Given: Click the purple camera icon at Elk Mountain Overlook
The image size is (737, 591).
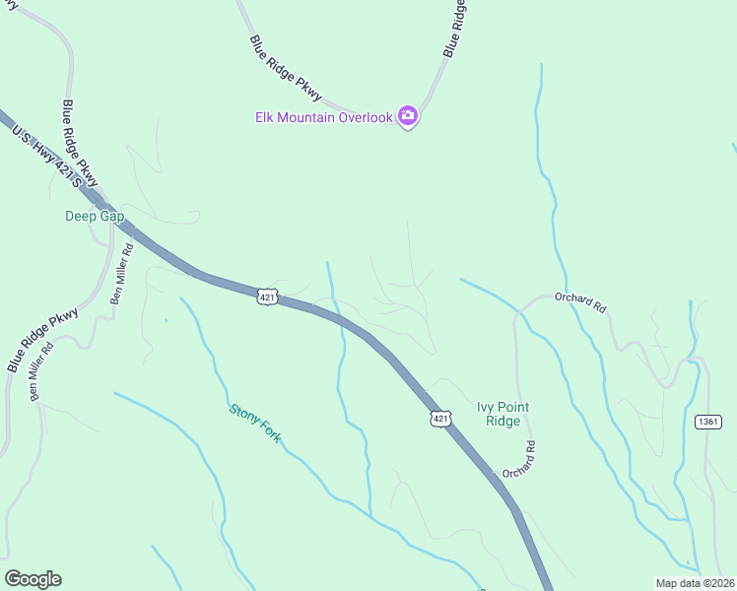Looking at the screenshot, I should coord(408,117).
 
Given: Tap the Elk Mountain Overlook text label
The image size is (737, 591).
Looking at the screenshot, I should coord(324,117).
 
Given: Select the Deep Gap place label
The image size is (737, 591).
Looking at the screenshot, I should coord(91,216).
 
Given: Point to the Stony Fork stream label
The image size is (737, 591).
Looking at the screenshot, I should coord(255,425).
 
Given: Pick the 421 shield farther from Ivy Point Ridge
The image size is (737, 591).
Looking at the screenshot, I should coord(267,295).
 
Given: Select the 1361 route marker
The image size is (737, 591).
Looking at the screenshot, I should coord(707,422).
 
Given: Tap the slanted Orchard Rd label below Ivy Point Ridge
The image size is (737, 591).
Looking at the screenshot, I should coord(518,460).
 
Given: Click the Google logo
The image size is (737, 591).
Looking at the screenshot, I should coord(33,579).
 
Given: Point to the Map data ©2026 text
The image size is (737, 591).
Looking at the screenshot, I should coord(695,582).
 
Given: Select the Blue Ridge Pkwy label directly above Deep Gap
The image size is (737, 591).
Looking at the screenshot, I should coord(81,144).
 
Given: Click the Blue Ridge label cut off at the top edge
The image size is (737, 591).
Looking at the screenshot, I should coord(454,27).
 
